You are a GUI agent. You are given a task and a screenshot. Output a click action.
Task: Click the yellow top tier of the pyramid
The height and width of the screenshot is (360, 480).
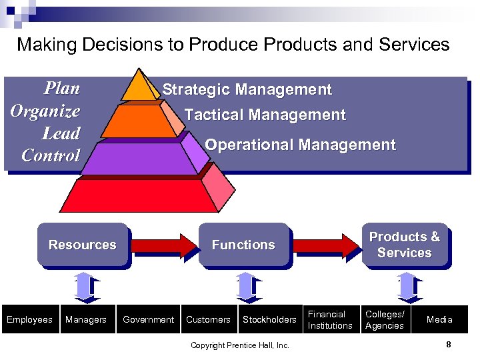pos(140,87)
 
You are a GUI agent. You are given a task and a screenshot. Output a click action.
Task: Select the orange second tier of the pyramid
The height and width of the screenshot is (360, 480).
pos(137,120)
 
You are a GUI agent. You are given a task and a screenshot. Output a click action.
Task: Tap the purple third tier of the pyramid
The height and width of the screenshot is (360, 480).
pos(140,159)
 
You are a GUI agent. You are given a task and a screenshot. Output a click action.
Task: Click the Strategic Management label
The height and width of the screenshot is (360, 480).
pos(247,89)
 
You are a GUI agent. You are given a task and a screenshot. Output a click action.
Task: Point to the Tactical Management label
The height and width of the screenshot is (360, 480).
pos(265,115)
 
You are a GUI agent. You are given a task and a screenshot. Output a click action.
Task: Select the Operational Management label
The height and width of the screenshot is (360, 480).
pos(300,145)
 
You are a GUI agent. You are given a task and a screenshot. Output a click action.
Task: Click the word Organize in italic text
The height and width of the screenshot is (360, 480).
pos(45,111)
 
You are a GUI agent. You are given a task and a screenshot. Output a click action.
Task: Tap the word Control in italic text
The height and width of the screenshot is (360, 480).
pos(51,155)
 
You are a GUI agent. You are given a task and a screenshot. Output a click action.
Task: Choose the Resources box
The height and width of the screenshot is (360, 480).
pos(82,245)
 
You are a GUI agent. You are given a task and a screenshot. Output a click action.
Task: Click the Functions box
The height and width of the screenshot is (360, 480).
pos(243,245)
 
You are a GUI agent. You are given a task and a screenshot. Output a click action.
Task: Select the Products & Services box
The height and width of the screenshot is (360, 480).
pos(404,245)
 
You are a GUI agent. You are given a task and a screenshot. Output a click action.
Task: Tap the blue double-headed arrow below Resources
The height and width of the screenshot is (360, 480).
pos(83,287)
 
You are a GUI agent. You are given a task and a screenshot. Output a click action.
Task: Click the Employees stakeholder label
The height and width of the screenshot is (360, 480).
pos(29,320)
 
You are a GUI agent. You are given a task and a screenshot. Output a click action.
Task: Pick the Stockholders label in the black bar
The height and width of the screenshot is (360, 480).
pos(269,320)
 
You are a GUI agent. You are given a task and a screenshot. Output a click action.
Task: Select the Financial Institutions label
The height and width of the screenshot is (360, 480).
pos(330,320)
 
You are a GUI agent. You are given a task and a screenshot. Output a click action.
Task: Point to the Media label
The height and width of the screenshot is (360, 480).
pos(439,320)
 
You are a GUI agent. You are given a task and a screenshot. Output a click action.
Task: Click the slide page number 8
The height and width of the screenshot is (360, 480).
pos(449,345)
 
